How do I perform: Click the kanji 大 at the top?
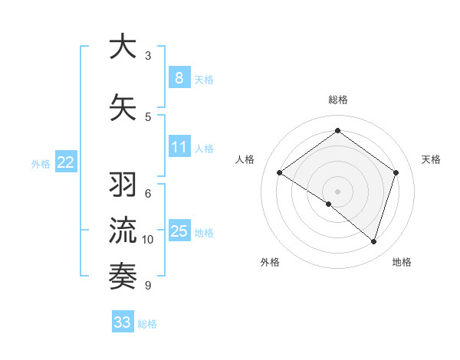click(123, 47)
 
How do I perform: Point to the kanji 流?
click(123, 229)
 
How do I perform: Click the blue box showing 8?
click(179, 77)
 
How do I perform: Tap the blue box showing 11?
click(179, 147)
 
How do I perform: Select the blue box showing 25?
click(179, 231)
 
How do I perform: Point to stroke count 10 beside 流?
click(148, 240)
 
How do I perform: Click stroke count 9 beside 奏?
click(147, 286)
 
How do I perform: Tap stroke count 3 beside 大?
click(148, 56)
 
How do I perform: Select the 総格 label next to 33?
click(147, 324)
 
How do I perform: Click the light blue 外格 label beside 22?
click(41, 163)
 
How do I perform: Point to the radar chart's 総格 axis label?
click(337, 100)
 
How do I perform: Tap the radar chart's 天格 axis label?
click(431, 159)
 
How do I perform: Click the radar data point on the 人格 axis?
click(279, 172)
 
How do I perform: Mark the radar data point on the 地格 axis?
click(373, 241)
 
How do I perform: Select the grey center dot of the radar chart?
click(337, 191)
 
